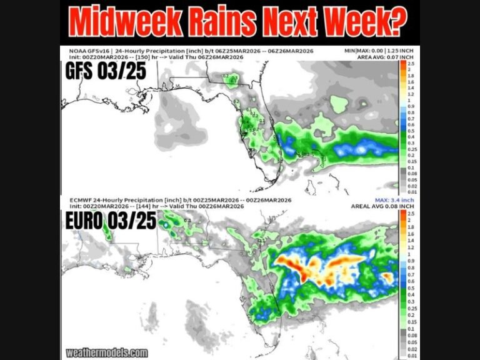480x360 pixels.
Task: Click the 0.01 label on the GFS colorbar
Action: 412,191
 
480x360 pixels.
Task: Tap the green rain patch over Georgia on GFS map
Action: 231,78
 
